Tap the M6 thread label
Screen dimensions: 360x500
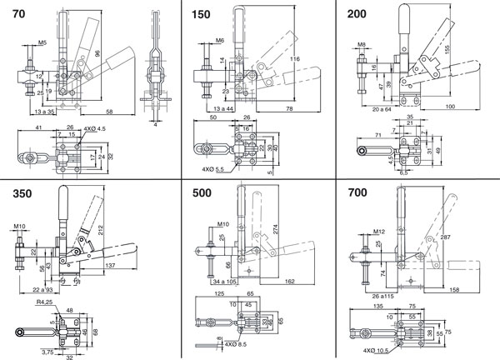coord(220,39)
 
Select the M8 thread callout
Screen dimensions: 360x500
coord(362,43)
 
